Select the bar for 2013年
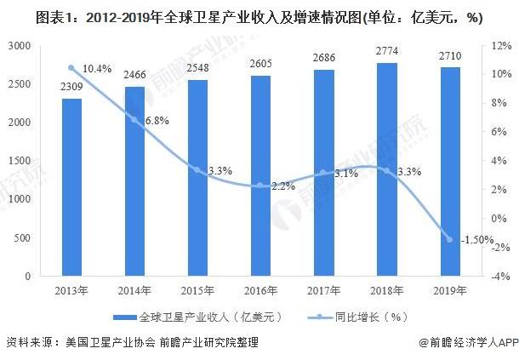tap(72, 187)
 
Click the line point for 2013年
tap(72, 67)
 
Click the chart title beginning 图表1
tap(259, 14)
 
